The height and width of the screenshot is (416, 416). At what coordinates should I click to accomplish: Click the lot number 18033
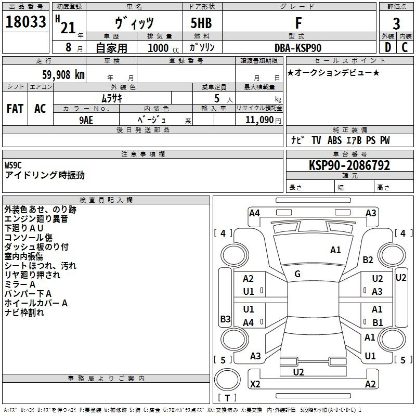pyautogui.click(x=25, y=23)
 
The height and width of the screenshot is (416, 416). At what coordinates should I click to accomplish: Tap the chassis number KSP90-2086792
pyautogui.click(x=349, y=165)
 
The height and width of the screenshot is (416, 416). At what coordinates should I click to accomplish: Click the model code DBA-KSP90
pyautogui.click(x=298, y=48)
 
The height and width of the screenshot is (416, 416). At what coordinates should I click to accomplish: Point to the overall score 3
pyautogui.click(x=396, y=23)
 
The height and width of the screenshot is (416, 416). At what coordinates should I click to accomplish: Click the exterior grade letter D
pyautogui.click(x=387, y=48)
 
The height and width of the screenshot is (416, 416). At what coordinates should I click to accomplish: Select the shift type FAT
pyautogui.click(x=15, y=109)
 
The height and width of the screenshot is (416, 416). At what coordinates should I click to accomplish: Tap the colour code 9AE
pyautogui.click(x=86, y=119)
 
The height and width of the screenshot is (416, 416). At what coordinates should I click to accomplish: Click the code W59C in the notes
pyautogui.click(x=14, y=165)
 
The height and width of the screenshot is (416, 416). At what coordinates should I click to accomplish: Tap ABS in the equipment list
pyautogui.click(x=335, y=140)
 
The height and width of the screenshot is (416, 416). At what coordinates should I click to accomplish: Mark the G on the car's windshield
pyautogui.click(x=297, y=274)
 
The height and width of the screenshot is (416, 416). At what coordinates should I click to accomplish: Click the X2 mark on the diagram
pyautogui.click(x=255, y=384)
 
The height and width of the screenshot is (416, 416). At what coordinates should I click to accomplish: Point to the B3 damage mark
pyautogui.click(x=225, y=319)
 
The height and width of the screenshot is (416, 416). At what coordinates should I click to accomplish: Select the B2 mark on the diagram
pyautogui.click(x=368, y=259)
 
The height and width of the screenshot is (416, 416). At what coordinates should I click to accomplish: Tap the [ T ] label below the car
pyautogui.click(x=227, y=398)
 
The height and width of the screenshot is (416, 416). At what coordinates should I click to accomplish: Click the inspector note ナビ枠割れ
pyautogui.click(x=24, y=313)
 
